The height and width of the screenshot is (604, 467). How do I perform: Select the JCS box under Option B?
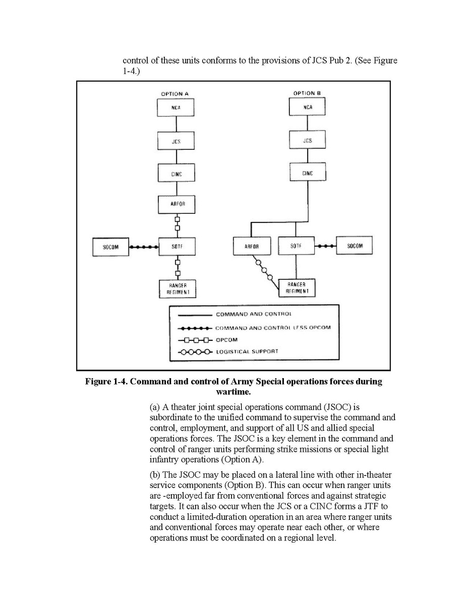307,141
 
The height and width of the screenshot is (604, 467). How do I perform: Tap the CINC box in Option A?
176,173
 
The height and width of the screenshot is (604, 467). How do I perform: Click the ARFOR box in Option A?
176,204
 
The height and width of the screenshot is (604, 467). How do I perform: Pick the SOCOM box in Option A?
111,247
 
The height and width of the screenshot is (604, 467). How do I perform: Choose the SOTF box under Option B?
296,247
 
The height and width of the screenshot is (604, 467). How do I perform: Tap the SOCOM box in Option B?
355,246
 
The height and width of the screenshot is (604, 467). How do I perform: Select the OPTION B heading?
307,93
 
